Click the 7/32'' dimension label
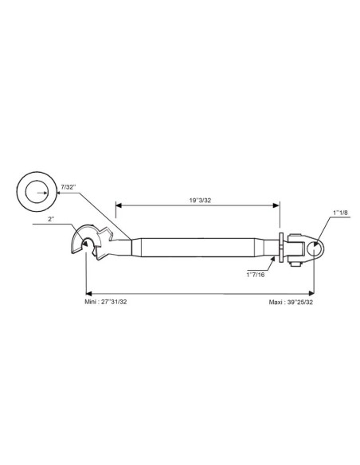pos(68,187)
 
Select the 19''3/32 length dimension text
pos(200,200)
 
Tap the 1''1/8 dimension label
pos(340,213)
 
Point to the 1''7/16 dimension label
pos(256,275)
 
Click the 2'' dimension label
pos(52,219)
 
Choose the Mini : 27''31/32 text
pos(106,302)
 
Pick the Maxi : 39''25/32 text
pos(291,303)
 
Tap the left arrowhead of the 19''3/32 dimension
pos(119,205)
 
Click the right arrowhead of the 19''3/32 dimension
pos(276,205)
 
